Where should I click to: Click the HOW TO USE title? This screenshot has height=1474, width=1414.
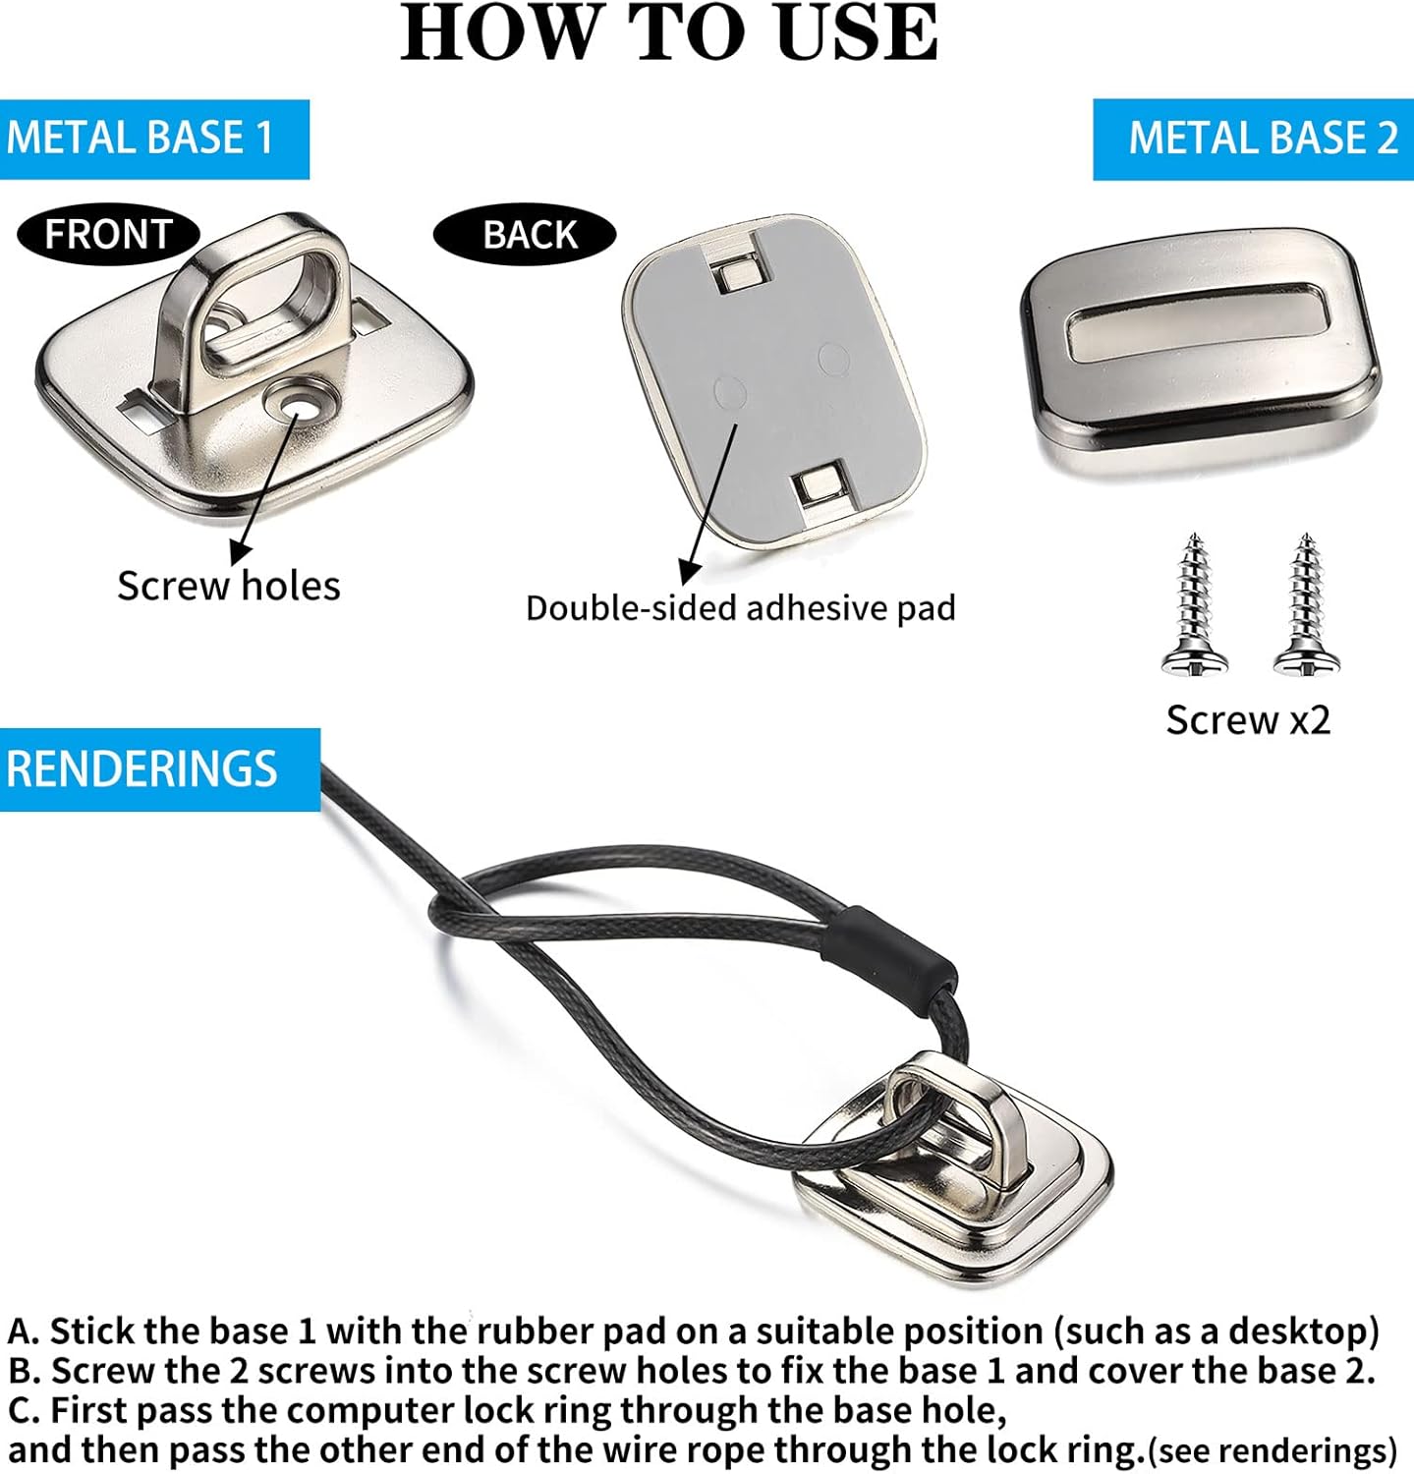coord(669,33)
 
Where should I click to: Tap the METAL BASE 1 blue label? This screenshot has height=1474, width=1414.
coord(154,139)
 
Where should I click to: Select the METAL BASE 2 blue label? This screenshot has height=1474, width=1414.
coord(1254,139)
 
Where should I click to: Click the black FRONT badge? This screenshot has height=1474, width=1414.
coord(109,235)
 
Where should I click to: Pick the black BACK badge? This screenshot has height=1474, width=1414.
coord(525,235)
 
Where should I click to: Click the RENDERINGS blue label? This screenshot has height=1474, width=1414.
coord(160,769)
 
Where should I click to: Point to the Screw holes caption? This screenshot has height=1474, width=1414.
coord(229,586)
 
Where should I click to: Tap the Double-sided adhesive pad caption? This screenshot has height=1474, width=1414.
coord(741,608)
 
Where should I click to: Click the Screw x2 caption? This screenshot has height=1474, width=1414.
coord(1248,720)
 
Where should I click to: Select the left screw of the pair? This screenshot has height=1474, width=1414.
coord(1194,605)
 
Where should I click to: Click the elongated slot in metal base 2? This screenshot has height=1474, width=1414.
coord(1197,321)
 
